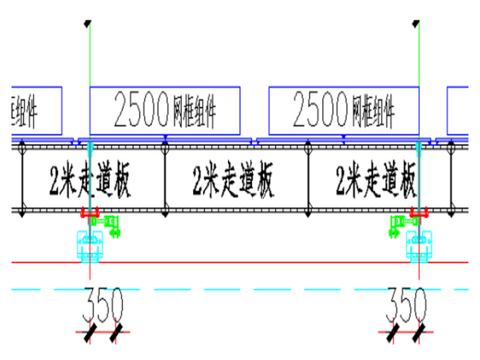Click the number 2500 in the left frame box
tap(141, 111)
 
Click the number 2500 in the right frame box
tap(320, 111)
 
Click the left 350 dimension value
tap(102, 305)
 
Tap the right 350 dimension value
tap(406, 305)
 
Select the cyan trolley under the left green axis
tap(91, 244)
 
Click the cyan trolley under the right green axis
tap(419, 244)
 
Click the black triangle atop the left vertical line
tap(88, 24)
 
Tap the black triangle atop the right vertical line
tap(416, 24)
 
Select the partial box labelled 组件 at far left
tap(36, 111)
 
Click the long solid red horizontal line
tap(253, 261)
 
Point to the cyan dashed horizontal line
tap(253, 289)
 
